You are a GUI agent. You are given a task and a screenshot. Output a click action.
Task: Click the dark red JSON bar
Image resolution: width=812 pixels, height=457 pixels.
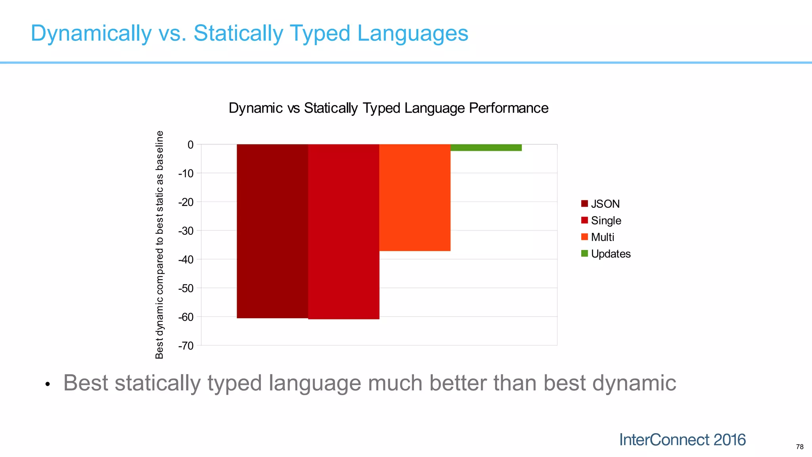(272, 231)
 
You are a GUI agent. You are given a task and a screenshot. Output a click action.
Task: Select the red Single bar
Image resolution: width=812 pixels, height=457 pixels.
(343, 232)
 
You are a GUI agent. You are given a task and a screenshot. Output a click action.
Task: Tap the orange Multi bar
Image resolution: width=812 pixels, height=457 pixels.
(415, 198)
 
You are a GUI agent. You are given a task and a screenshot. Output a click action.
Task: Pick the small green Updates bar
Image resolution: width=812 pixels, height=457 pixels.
(486, 148)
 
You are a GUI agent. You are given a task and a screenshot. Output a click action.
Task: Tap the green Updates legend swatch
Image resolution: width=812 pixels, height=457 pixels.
(584, 253)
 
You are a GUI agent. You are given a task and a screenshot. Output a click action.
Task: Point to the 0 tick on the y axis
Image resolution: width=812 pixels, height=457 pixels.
(191, 145)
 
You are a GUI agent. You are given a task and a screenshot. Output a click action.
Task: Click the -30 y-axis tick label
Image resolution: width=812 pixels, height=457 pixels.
(186, 231)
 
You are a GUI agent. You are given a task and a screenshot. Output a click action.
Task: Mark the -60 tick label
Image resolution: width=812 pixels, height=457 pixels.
(186, 317)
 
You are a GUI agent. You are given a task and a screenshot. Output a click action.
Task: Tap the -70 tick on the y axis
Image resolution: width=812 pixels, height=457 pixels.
(186, 346)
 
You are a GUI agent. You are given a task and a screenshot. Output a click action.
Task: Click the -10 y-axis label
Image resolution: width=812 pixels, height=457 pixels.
(186, 173)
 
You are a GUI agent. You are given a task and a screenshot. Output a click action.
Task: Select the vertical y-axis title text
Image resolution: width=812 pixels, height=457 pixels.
(159, 245)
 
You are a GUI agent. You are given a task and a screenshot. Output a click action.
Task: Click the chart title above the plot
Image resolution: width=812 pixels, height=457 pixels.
(388, 108)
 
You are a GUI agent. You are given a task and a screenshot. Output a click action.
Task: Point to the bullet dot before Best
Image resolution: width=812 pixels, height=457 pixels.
(48, 384)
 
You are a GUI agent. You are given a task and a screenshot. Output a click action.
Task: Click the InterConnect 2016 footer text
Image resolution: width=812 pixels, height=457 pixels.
(682, 440)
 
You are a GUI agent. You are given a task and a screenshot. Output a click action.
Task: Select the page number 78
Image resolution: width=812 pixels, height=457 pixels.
(799, 447)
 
